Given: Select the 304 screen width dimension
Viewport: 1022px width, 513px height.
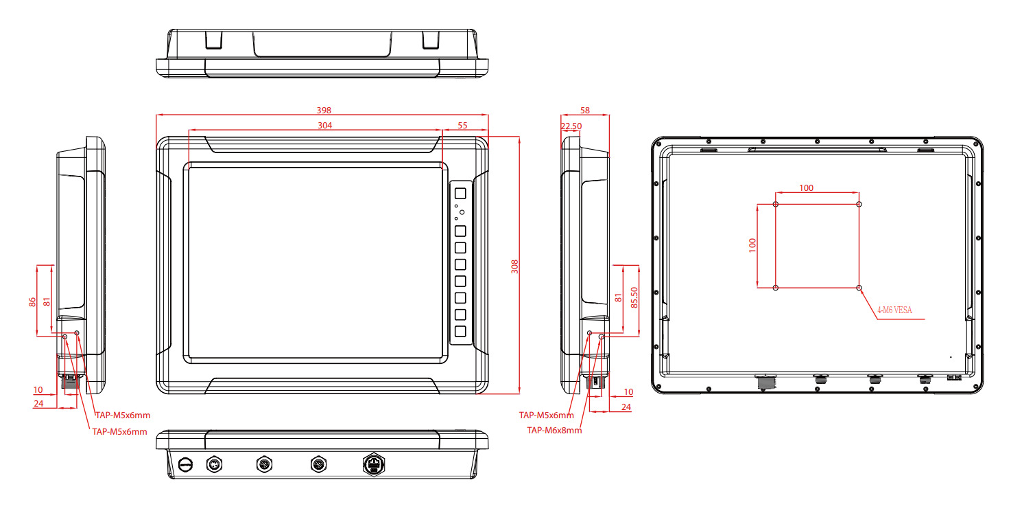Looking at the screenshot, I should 325,125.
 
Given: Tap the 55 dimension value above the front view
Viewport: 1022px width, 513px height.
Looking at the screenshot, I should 462,125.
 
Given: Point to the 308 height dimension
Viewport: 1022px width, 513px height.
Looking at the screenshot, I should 514,266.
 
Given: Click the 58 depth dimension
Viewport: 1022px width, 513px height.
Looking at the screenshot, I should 585,110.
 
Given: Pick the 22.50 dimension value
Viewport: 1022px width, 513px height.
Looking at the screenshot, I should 571,126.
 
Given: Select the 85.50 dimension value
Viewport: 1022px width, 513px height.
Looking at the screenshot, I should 634,297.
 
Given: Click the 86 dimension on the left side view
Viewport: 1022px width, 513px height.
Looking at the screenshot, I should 32,301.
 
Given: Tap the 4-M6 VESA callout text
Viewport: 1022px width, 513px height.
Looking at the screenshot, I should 894,310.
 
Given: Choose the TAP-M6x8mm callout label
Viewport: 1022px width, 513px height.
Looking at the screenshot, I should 554,431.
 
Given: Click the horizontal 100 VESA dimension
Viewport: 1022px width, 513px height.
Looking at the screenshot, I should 807,188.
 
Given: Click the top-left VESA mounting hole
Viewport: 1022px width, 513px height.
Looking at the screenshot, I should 776,205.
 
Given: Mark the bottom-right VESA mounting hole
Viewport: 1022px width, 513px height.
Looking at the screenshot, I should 859,288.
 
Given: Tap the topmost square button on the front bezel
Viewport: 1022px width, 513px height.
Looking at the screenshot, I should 460,194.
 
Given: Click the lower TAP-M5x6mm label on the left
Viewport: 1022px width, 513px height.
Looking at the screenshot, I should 119,431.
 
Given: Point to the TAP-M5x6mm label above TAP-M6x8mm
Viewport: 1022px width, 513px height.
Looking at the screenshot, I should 546,415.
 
